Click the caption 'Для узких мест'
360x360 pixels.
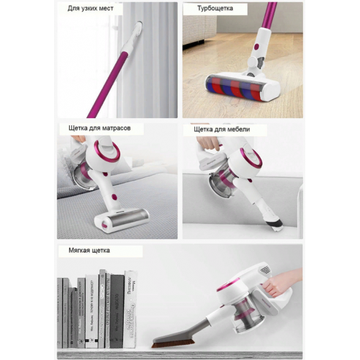(x=91, y=9)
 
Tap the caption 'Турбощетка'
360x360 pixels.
(x=215, y=9)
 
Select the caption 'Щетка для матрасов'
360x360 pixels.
(x=99, y=128)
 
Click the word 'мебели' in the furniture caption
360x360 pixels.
(x=238, y=130)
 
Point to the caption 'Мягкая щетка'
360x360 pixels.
(x=89, y=251)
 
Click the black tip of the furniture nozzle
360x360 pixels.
(x=276, y=222)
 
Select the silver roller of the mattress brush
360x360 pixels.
(x=127, y=217)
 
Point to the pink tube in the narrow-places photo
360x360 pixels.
(x=109, y=85)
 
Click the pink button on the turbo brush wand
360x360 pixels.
(x=257, y=46)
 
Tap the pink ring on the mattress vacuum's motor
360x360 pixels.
(x=107, y=150)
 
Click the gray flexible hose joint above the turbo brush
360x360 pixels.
(x=259, y=63)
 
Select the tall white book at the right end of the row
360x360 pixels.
(x=130, y=310)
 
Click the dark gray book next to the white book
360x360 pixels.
(x=117, y=311)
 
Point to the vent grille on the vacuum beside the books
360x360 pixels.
(x=266, y=270)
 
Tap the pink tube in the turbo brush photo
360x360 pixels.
(x=269, y=15)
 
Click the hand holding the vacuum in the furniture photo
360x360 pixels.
(x=208, y=143)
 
